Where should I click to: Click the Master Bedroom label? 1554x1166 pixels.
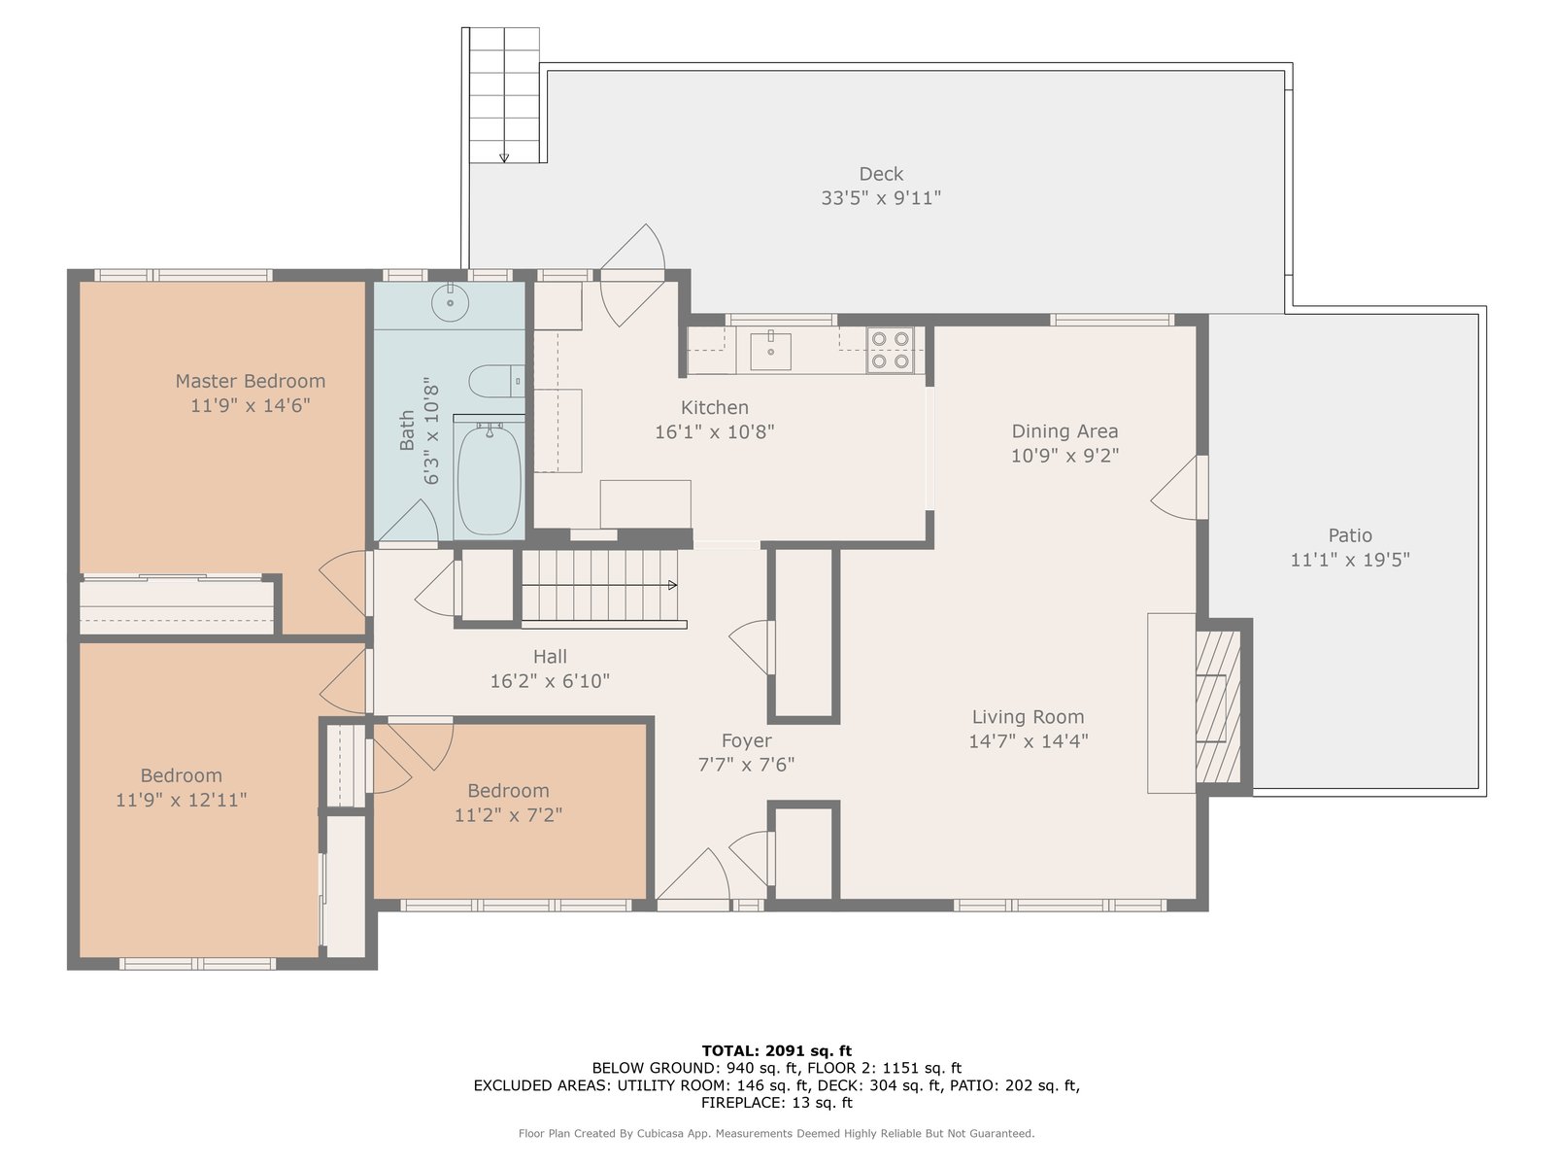click(251, 381)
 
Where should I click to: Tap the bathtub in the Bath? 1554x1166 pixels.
click(490, 479)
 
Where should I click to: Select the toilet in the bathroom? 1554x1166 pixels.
click(496, 381)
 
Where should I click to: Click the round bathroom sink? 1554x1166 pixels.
click(451, 303)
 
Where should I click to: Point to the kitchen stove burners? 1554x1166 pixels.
click(891, 350)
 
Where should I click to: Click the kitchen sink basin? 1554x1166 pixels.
click(770, 352)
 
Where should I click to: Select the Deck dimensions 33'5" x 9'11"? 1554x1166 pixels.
click(881, 197)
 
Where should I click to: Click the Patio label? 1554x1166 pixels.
click(1349, 535)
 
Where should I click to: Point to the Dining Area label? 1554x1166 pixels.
click(1064, 431)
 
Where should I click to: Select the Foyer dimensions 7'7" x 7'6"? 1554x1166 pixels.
click(746, 765)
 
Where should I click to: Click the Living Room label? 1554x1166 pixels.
click(1028, 717)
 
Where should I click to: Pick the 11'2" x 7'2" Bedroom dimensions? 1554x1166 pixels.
click(508, 815)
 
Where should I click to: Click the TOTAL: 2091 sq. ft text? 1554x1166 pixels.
click(777, 1050)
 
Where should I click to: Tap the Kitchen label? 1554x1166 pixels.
click(714, 408)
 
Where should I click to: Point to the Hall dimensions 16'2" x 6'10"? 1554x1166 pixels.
click(550, 681)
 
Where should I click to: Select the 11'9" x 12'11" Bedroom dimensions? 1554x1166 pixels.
click(182, 800)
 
